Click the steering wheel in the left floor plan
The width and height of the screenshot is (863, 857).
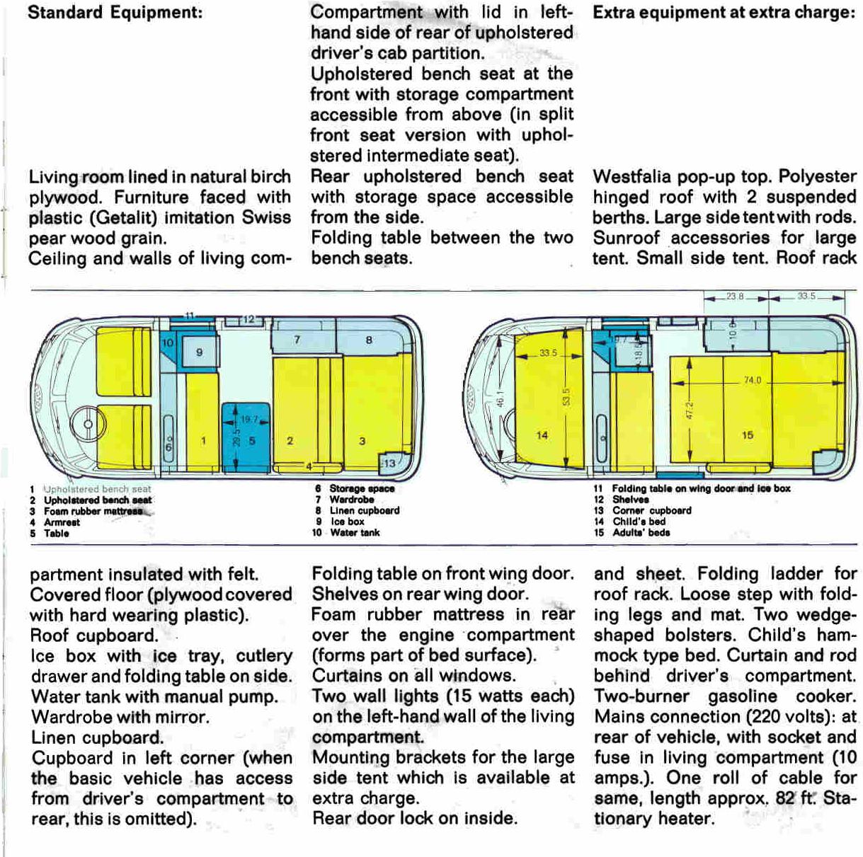coord(88,424)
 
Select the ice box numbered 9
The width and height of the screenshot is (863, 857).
coord(199,352)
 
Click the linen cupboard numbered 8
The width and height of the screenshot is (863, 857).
coord(369,340)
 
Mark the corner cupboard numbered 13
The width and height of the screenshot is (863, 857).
coord(389,463)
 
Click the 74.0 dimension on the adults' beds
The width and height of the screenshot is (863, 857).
coord(752,381)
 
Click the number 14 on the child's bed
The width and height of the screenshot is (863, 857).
coord(542,435)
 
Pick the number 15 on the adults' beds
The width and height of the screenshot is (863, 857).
coord(748,435)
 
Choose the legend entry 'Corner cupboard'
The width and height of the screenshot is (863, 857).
coord(651,510)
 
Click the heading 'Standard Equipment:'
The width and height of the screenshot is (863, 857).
coord(115,13)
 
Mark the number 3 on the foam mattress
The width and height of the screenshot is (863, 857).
coord(362,441)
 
